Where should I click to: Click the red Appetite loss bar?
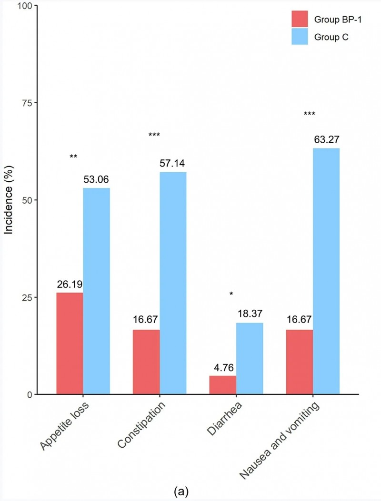tap(70, 343)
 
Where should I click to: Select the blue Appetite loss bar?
tap(96, 291)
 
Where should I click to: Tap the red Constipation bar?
tap(146, 362)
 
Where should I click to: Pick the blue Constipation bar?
tap(173, 283)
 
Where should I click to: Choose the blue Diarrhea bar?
tap(250, 358)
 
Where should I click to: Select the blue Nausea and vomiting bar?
tap(326, 271)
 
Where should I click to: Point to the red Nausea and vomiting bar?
tap(299, 362)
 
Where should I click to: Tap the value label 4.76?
tap(223, 367)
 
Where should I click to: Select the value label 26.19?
tap(70, 284)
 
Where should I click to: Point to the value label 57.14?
tap(173, 164)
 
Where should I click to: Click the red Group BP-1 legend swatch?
tap(300, 19)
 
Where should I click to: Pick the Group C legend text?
tap(331, 37)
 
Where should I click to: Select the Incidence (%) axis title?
tap(8, 200)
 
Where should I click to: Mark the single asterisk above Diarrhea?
tap(231, 294)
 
